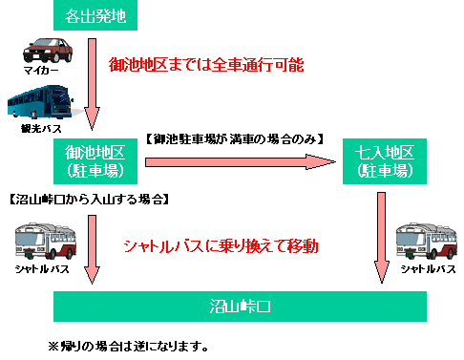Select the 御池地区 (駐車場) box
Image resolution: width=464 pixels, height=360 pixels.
point(93,162)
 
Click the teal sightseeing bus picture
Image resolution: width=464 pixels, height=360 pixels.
point(39,107)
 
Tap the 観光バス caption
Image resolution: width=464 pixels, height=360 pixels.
point(38,128)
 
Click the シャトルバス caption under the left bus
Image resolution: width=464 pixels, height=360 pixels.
point(40,270)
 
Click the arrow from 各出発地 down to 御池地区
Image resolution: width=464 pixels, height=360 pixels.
point(93,84)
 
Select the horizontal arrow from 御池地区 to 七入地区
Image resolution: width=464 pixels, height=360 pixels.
point(245,162)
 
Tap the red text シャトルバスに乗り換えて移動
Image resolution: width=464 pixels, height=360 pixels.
point(220,246)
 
